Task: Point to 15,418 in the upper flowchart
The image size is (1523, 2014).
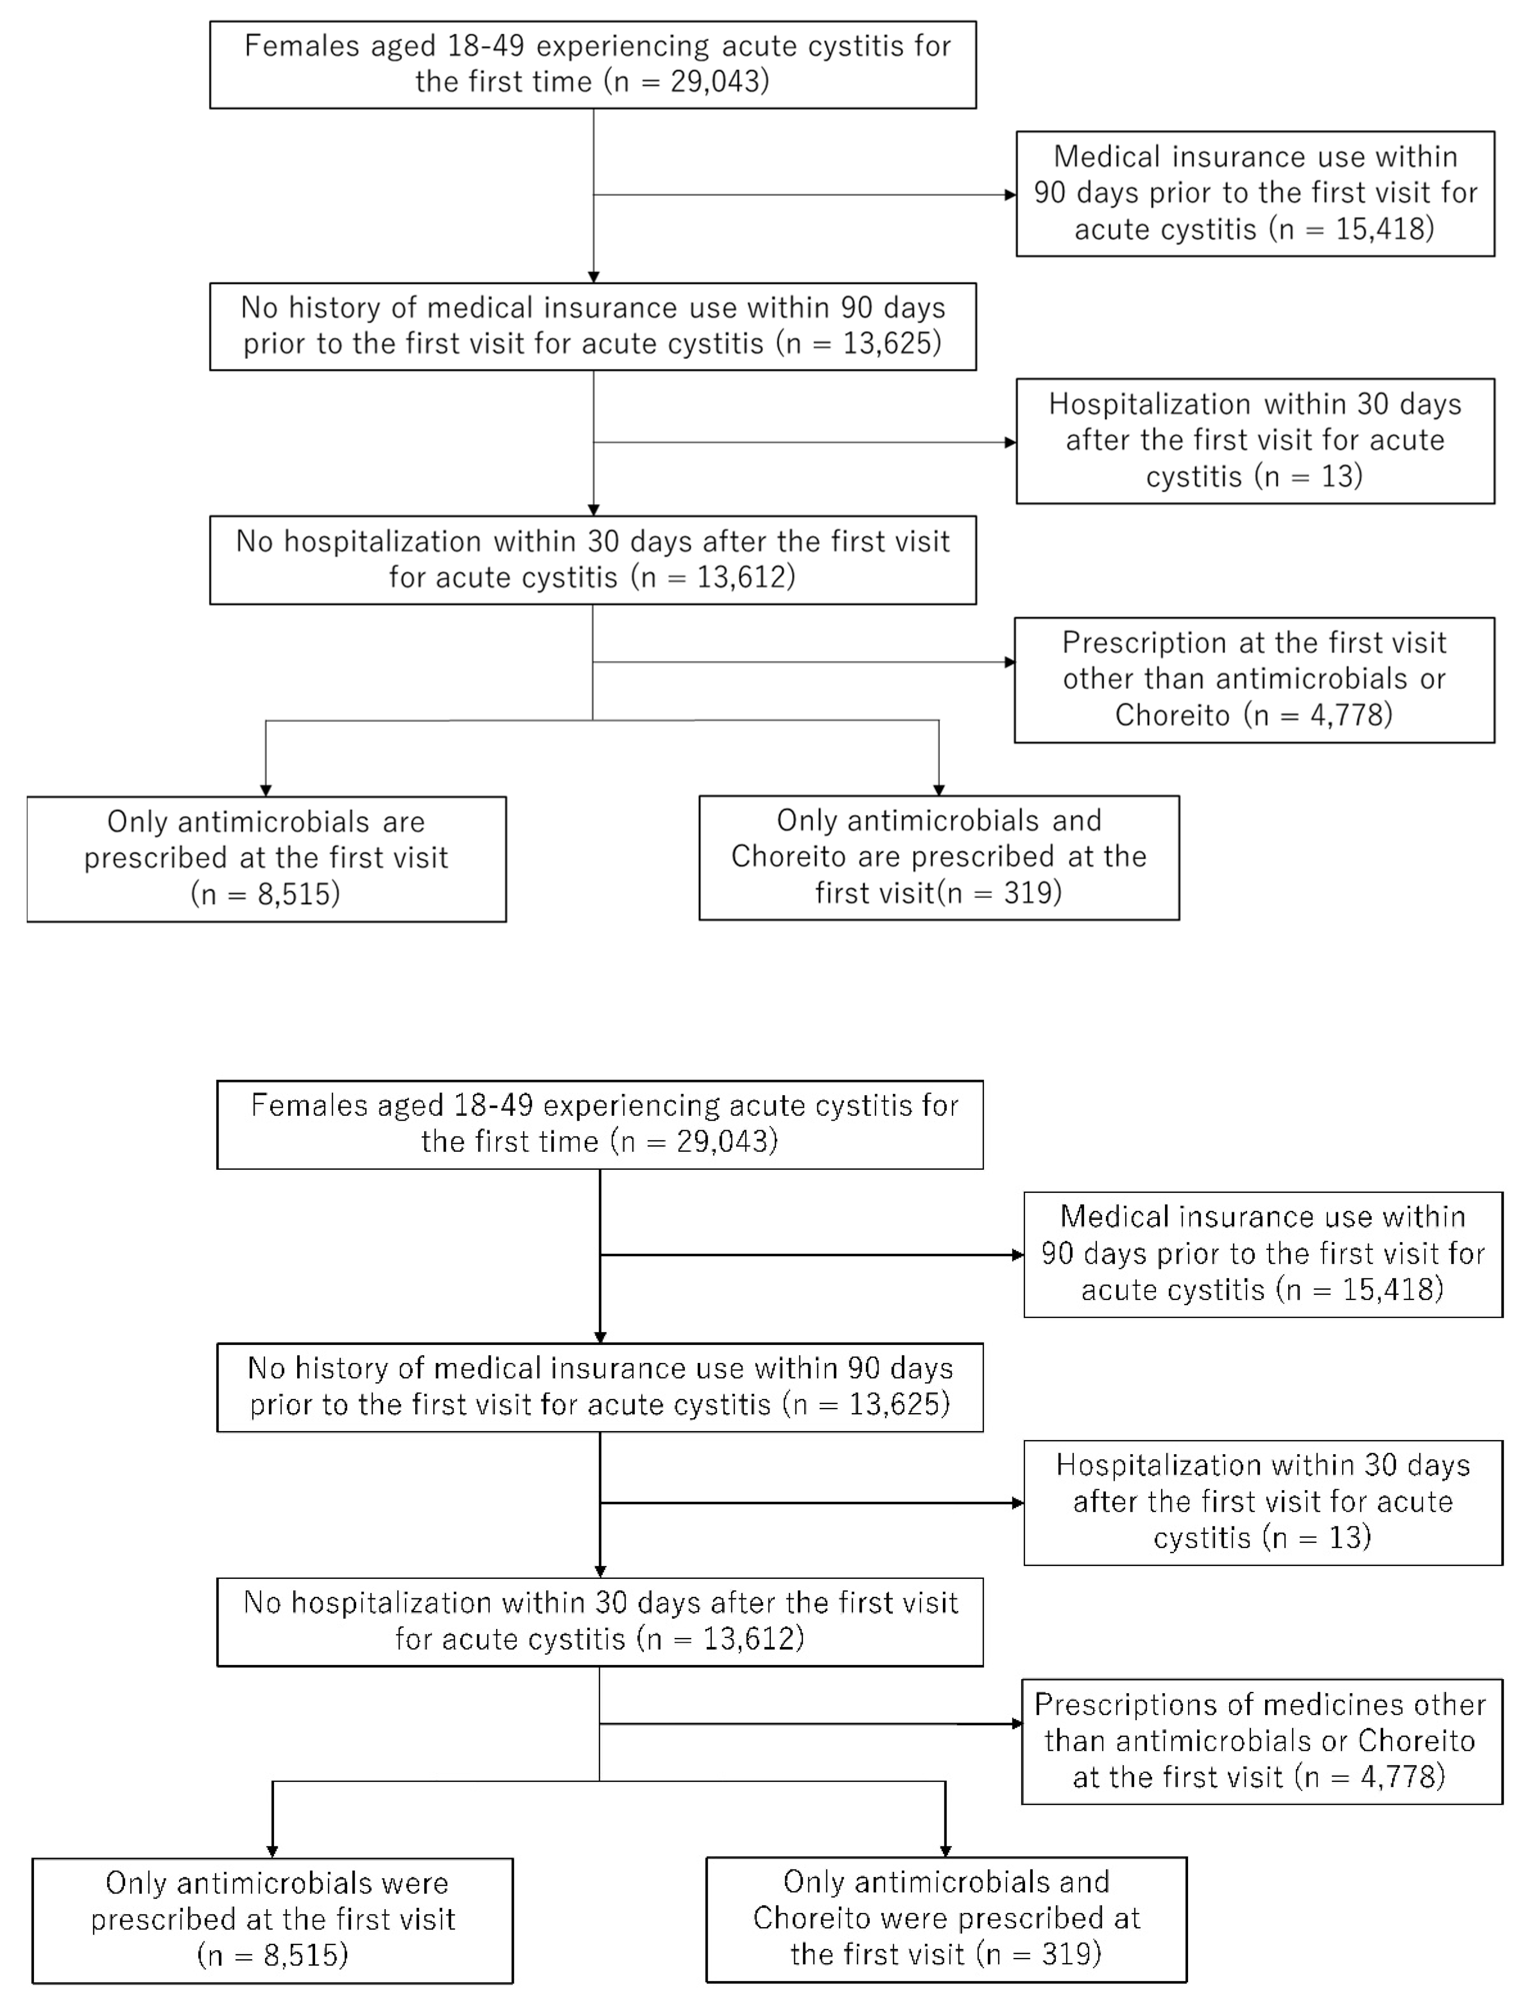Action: (1380, 229)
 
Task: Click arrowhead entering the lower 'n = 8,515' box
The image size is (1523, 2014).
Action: (272, 1852)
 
